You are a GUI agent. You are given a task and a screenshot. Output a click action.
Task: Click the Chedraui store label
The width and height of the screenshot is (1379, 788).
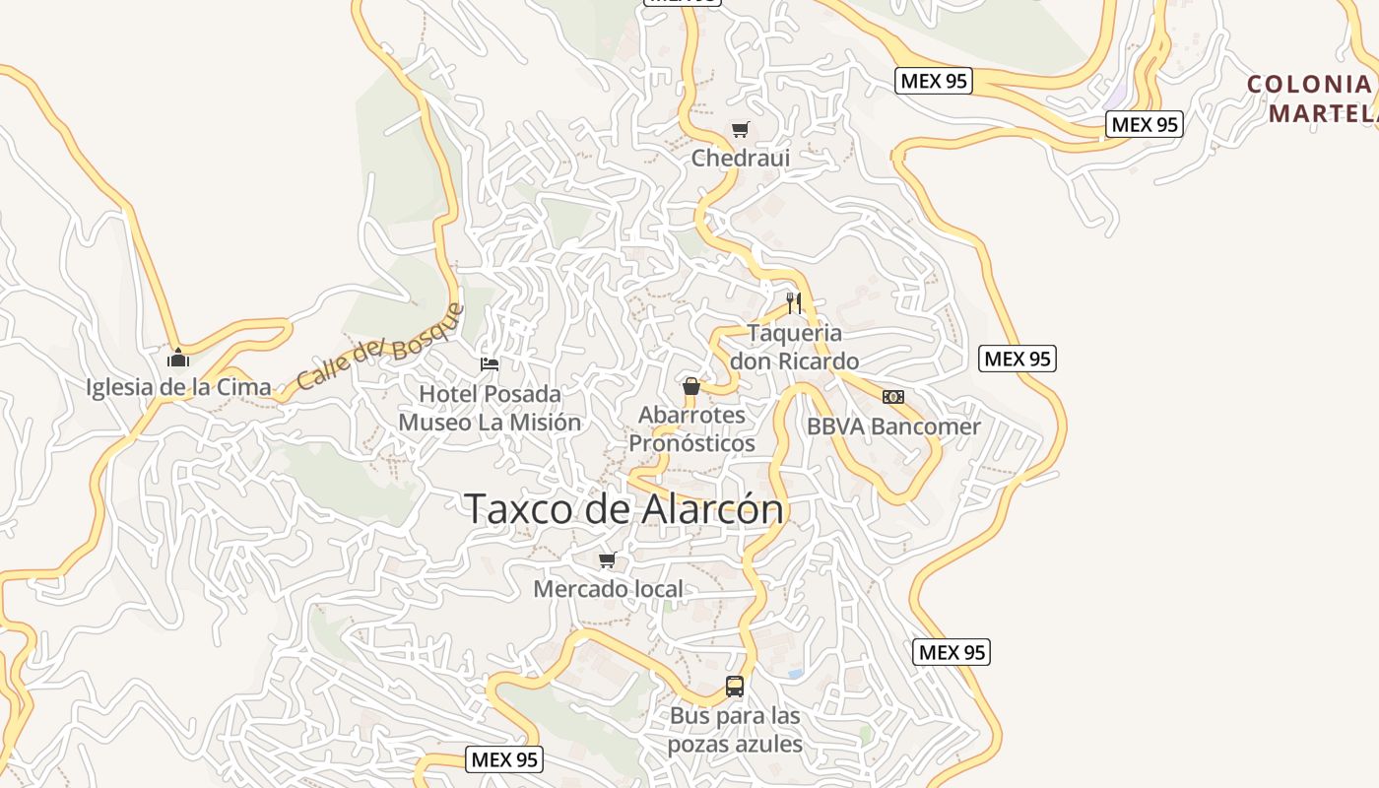pyautogui.click(x=741, y=158)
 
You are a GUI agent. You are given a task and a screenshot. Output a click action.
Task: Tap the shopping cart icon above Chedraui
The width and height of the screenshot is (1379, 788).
pyautogui.click(x=741, y=129)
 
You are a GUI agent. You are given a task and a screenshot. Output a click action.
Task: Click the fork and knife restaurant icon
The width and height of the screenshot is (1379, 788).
pyautogui.click(x=794, y=302)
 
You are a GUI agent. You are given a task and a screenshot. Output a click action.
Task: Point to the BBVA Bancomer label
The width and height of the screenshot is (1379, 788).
pyautogui.click(x=893, y=427)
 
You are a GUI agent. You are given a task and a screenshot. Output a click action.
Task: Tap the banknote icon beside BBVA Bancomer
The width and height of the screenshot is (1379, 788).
pyautogui.click(x=893, y=397)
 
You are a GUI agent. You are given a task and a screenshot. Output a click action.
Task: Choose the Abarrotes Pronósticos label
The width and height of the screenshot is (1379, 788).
pyautogui.click(x=691, y=428)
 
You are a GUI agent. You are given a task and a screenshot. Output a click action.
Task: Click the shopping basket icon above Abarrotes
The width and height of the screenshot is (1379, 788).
pyautogui.click(x=691, y=385)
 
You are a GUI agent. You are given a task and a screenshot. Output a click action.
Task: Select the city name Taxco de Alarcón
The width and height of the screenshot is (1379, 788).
pyautogui.click(x=624, y=509)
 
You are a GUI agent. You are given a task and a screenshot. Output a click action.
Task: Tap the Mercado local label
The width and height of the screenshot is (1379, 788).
pyautogui.click(x=608, y=589)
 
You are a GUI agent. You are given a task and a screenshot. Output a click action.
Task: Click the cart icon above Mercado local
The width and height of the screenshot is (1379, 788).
pyautogui.click(x=608, y=560)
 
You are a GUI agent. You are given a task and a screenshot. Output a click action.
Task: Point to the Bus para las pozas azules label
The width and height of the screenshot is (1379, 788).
pyautogui.click(x=735, y=729)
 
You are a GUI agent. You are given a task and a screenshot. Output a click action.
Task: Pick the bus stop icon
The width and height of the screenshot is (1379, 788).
pyautogui.click(x=735, y=687)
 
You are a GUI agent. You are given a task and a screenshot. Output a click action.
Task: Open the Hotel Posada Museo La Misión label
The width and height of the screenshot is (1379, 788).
pyautogui.click(x=490, y=408)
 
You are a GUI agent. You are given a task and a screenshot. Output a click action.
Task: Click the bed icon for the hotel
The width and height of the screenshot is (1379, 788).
pyautogui.click(x=490, y=364)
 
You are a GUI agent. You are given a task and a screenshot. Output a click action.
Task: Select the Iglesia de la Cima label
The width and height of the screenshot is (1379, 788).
pyautogui.click(x=178, y=387)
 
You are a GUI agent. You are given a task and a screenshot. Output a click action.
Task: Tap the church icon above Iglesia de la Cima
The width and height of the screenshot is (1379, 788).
pyautogui.click(x=178, y=357)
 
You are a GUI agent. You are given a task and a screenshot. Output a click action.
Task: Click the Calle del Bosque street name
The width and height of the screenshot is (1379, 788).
pyautogui.click(x=379, y=347)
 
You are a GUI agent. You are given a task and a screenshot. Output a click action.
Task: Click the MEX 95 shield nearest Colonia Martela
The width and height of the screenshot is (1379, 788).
pyautogui.click(x=1145, y=124)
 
